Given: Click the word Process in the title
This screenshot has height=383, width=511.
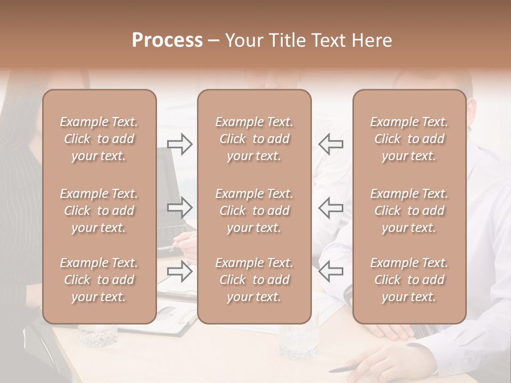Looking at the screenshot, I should tap(167, 40).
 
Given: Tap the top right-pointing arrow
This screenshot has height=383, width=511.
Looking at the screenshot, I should tap(180, 144).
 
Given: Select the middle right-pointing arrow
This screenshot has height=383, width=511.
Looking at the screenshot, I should tap(180, 207).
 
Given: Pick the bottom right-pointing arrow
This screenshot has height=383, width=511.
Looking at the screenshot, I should tap(180, 271).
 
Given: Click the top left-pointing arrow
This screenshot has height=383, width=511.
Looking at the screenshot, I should tap(331, 144).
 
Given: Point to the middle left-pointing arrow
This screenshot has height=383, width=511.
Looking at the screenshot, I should tap(331, 207).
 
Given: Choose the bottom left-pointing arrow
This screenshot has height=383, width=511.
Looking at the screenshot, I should tap(331, 271).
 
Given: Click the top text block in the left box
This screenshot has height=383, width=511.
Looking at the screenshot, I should tap(99, 139).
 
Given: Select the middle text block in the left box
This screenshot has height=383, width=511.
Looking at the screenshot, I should tap(99, 211).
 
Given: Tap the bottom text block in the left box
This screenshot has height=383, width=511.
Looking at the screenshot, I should tap(99, 280).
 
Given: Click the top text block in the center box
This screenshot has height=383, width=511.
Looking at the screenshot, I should tap(254, 139).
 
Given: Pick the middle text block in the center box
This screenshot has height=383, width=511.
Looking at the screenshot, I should tap(254, 211).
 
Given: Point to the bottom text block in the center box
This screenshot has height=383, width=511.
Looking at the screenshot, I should tap(254, 280).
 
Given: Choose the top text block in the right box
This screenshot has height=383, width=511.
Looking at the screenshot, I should tap(409, 139).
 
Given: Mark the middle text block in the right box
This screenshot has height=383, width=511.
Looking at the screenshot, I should tap(409, 211).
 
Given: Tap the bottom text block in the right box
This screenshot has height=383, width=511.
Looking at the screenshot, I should tap(409, 280).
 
